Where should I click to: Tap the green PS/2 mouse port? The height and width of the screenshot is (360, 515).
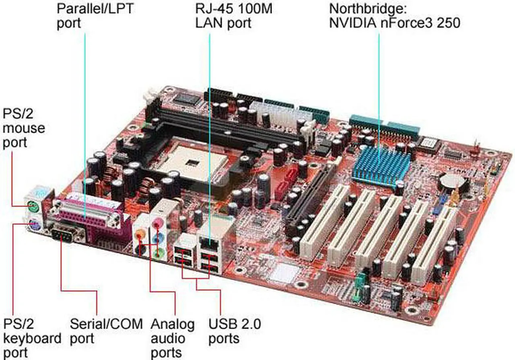point(33,206)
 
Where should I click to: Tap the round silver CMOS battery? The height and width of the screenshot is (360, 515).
point(452,180)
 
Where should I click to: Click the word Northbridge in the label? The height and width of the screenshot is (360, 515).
point(368,9)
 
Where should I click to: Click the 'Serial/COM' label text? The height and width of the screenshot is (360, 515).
point(106,324)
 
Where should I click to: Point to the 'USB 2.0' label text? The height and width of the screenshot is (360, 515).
point(235,324)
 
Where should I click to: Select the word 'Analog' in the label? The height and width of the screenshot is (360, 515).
point(173,325)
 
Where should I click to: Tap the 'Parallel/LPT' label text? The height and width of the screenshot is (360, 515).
point(95,9)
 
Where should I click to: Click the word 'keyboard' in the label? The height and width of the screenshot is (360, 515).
point(32,338)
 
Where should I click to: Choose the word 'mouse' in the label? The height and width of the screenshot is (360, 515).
point(24,128)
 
